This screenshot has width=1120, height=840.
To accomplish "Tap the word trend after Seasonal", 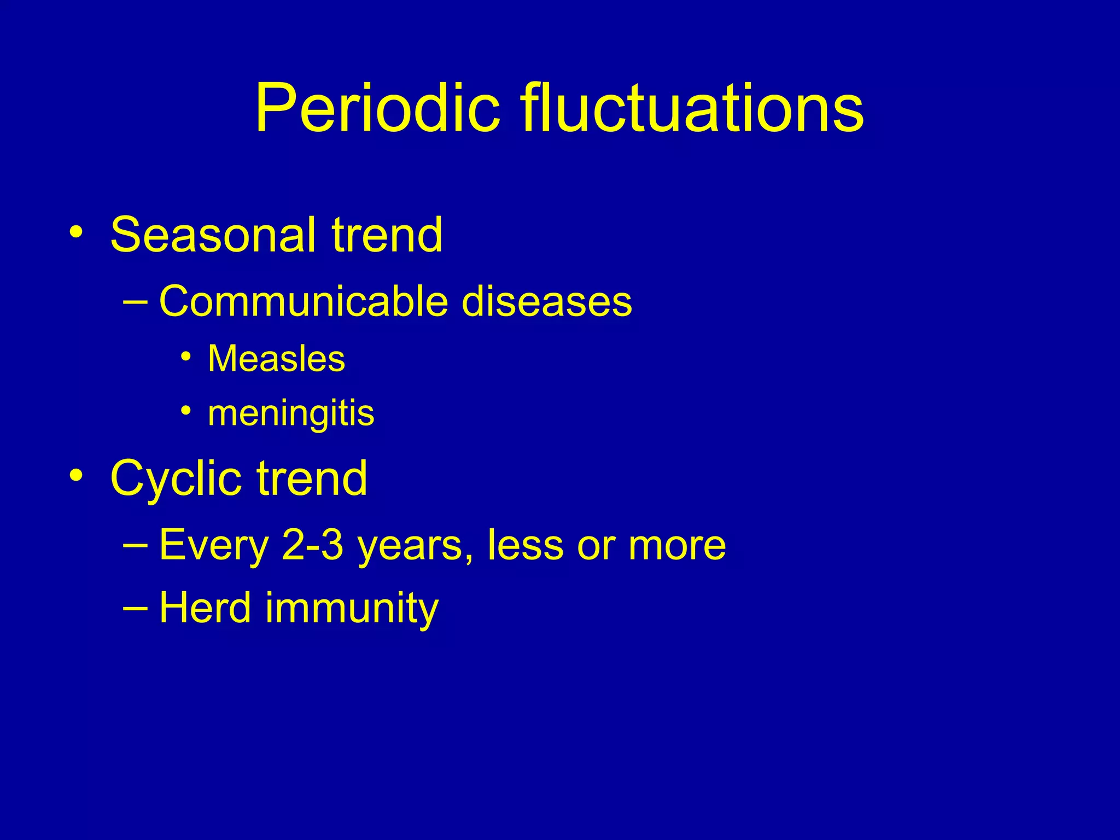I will coord(387,235).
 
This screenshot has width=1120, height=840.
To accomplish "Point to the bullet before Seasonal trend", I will coord(76,232).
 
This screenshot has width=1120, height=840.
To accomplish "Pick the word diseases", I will coord(546,302).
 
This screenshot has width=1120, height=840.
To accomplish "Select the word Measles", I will coord(276,359).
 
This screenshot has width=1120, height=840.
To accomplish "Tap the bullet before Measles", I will coord(186,357).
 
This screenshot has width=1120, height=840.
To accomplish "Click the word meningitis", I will coord(291,414).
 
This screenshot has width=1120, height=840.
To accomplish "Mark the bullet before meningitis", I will coord(186,410).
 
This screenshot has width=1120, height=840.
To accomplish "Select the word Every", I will coord(214,546).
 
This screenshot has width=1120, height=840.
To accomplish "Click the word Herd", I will coord(205,608).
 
